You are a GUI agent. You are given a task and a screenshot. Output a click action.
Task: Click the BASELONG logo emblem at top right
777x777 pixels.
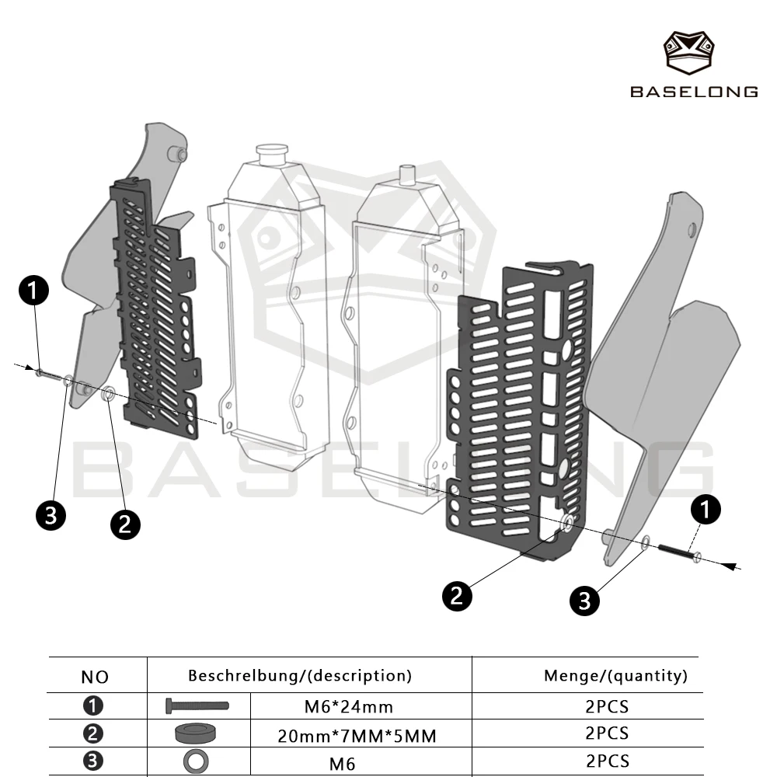coord(688,53)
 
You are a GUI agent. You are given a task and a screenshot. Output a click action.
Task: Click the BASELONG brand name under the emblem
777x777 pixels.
coord(694,92)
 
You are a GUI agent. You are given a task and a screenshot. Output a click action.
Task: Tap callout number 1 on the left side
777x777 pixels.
coord(33,291)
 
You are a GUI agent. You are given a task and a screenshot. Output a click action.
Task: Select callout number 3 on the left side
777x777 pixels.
coord(51,515)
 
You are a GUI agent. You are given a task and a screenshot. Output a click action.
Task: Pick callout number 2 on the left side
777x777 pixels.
coord(125,524)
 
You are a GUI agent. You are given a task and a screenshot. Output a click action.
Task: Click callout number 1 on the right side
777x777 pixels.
coord(706,509)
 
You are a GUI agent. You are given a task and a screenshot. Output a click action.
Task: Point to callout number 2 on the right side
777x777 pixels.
coord(457,596)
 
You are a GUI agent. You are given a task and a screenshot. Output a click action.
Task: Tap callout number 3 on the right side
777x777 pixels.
coord(585,601)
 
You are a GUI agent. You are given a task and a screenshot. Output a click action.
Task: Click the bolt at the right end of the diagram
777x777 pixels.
coord(679,553)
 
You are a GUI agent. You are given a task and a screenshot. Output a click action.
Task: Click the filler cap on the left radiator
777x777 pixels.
coord(271,154)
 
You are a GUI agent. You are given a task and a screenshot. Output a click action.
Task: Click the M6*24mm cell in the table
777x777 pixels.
coord(349,706)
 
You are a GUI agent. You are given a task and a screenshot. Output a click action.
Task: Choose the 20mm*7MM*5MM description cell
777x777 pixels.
coord(357,736)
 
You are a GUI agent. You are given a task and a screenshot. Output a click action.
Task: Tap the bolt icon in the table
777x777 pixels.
coord(197,706)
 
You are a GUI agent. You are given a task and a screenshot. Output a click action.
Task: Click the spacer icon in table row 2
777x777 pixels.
coord(196,733)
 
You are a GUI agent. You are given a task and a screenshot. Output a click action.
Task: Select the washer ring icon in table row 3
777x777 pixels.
coord(196,761)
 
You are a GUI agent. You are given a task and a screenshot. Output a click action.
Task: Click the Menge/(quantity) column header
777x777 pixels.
coord(615,676)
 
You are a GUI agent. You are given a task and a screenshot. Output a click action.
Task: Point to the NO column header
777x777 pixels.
coord(95,677)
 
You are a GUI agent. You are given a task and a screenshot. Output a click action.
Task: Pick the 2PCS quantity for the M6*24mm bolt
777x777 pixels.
coord(607,706)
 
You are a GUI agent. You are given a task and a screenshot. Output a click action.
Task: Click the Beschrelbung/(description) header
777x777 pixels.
coord(300,676)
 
